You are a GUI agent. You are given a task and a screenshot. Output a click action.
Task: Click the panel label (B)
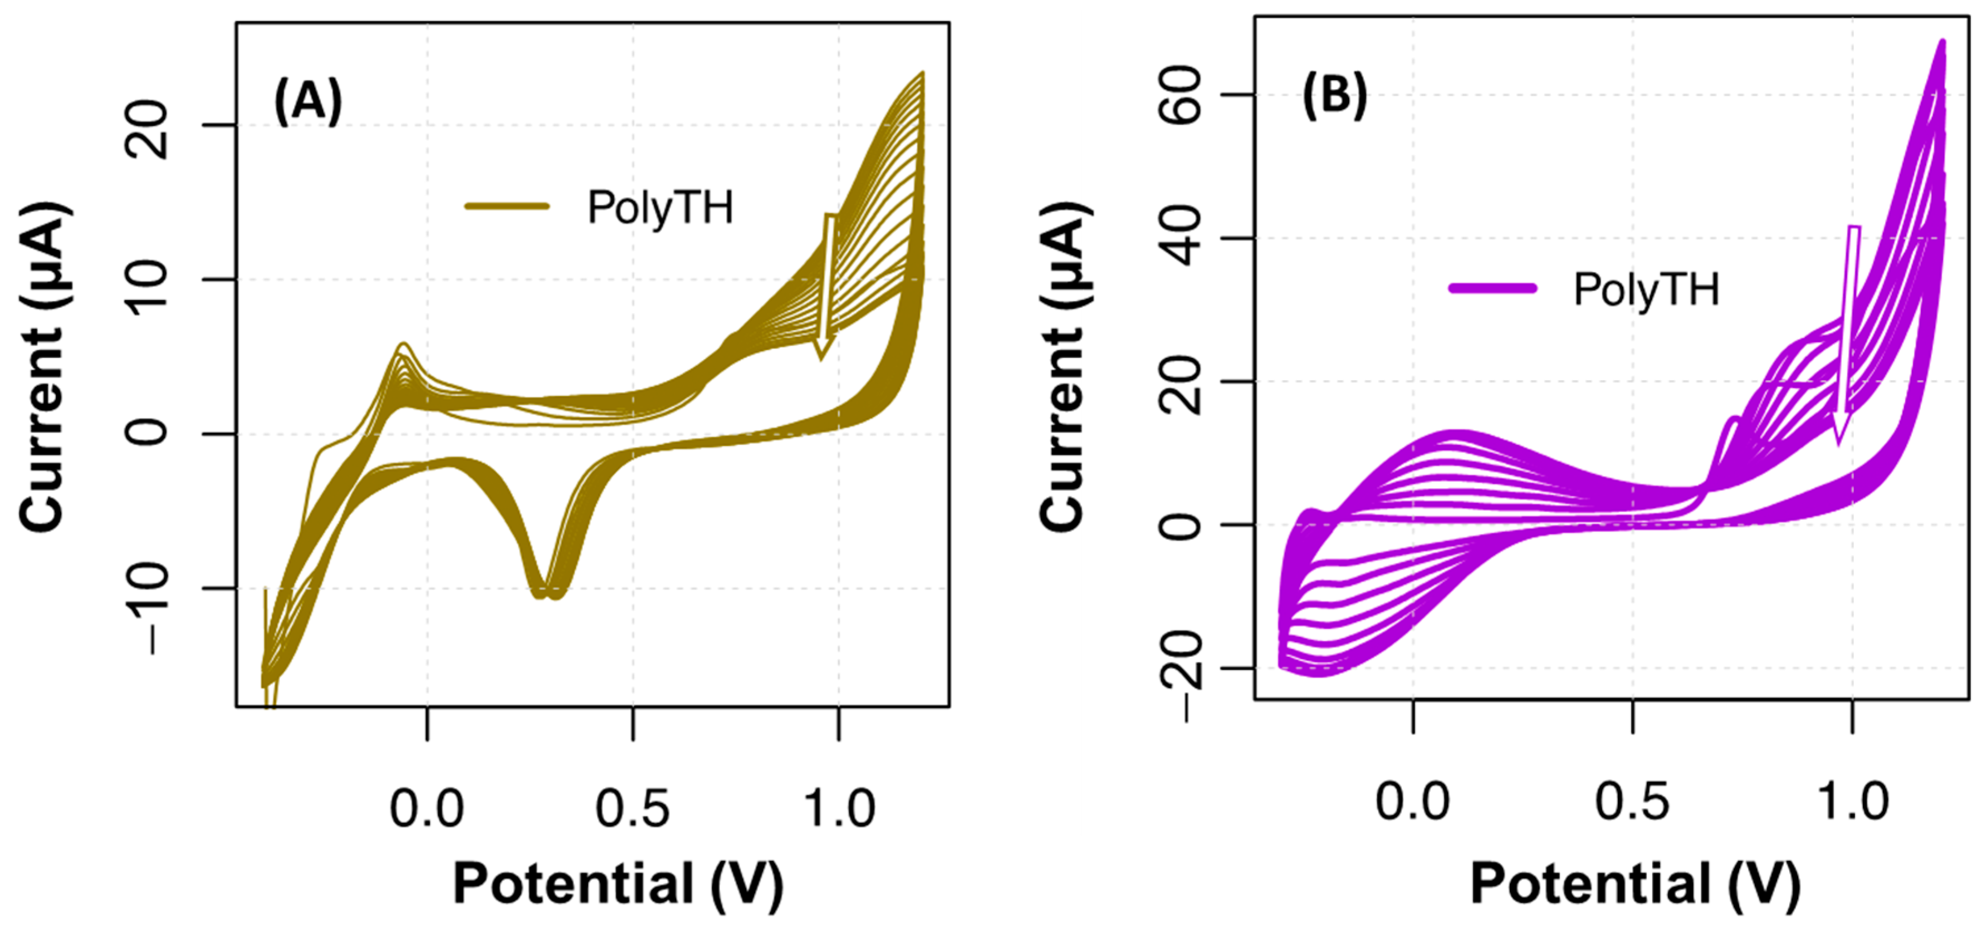tap(1334, 96)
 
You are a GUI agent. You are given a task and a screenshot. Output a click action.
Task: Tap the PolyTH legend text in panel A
tap(659, 208)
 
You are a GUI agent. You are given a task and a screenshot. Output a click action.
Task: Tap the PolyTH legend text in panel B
tap(1646, 290)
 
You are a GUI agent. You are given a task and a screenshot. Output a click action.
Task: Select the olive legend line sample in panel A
tap(507, 206)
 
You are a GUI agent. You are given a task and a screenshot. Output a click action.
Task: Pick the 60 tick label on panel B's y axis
tap(1181, 95)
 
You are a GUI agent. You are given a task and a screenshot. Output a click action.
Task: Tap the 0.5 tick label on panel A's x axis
tap(633, 809)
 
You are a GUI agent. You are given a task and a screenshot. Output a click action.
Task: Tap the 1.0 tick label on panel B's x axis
tap(1853, 802)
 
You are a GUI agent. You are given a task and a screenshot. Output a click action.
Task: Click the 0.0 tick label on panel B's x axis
tap(1412, 802)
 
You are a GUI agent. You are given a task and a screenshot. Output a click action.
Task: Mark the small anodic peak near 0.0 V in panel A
tap(403, 346)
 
